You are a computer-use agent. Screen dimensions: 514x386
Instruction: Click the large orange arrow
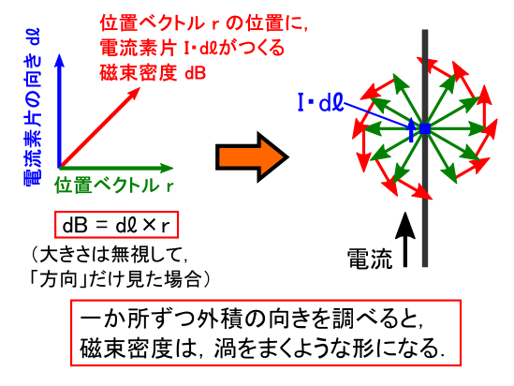(252, 156)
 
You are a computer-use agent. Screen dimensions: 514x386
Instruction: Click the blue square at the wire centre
(425, 129)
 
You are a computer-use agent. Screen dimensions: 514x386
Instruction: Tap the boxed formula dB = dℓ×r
(116, 225)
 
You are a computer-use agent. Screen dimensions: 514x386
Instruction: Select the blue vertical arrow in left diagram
(59, 111)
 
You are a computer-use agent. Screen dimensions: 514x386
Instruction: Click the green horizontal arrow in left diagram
(116, 169)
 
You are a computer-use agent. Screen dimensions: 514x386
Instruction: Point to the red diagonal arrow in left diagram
(99, 127)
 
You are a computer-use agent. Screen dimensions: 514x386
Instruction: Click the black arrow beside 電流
(405, 240)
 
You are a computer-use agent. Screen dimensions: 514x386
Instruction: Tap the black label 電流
(370, 259)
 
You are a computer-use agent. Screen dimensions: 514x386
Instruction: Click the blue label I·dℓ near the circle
(320, 103)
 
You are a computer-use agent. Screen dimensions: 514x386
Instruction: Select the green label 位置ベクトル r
(113, 186)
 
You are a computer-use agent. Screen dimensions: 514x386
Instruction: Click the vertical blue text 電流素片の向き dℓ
(33, 107)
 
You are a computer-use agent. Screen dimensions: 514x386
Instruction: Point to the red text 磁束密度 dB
(153, 72)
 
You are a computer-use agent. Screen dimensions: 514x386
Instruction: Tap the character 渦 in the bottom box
(226, 349)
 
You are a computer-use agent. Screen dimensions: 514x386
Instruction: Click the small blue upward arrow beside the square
(411, 130)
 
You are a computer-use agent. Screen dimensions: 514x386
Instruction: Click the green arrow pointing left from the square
(394, 129)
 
